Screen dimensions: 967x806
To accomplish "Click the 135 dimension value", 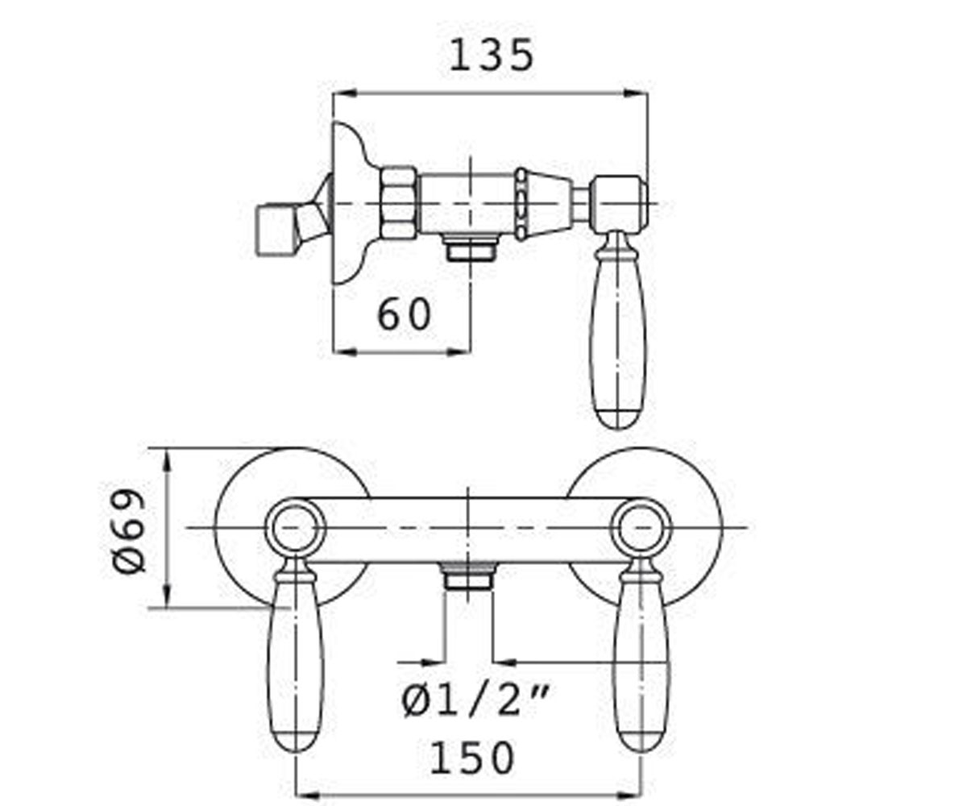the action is (492, 56).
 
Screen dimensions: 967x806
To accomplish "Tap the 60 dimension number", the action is (405, 314).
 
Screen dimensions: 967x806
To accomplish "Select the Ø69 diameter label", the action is (129, 531).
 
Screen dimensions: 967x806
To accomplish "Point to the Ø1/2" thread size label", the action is (475, 701).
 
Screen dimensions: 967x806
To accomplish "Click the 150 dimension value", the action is (472, 758).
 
